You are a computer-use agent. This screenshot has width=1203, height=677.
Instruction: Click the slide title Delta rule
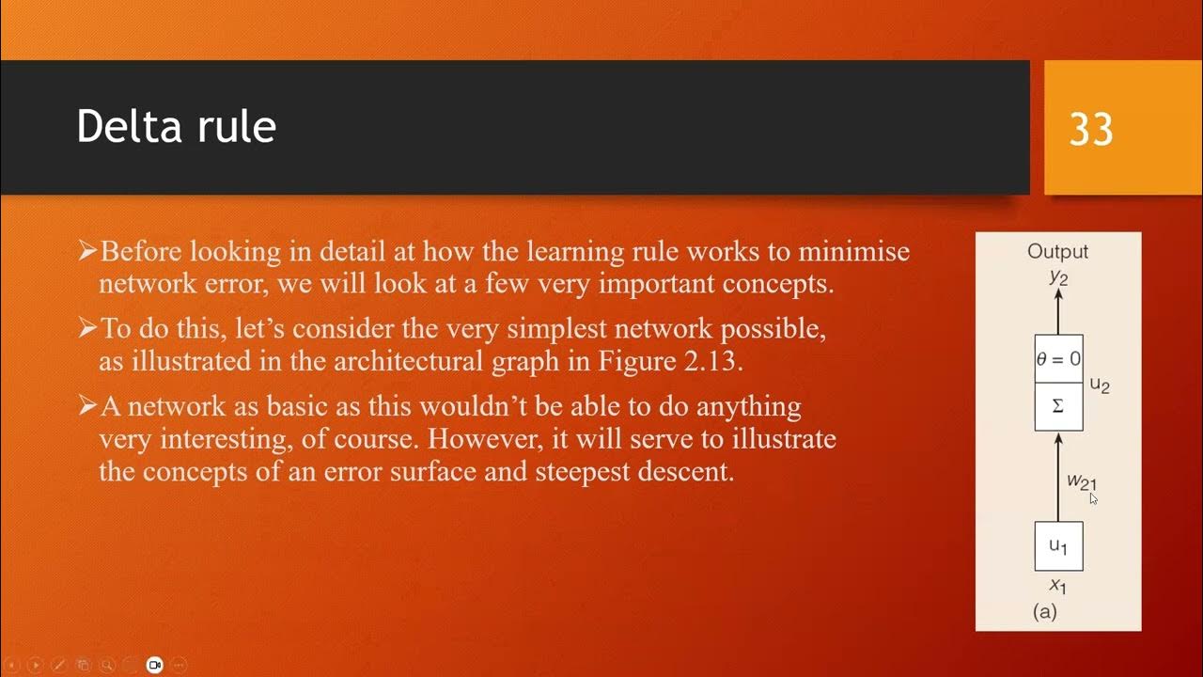click(176, 127)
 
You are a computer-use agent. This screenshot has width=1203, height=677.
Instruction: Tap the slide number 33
click(1091, 130)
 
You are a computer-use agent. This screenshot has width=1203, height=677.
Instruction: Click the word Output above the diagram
click(1057, 251)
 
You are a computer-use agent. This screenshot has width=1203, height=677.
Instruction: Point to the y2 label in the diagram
click(1058, 276)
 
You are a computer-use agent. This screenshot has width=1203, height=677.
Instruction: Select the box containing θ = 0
click(1058, 358)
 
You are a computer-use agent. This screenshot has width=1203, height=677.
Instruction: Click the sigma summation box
click(1058, 406)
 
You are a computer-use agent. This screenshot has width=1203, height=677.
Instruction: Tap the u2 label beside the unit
click(1100, 385)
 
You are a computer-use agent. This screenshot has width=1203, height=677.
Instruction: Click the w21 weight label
click(1081, 481)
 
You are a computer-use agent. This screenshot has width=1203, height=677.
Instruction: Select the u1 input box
click(1058, 546)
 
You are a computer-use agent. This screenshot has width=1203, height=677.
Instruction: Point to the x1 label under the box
click(1058, 587)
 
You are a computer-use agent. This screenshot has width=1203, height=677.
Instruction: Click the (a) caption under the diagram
click(1045, 611)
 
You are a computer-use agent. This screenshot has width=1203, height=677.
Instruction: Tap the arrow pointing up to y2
click(1058, 310)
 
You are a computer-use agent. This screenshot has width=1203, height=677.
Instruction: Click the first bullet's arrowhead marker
click(87, 251)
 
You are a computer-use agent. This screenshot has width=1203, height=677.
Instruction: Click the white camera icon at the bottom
click(155, 665)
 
